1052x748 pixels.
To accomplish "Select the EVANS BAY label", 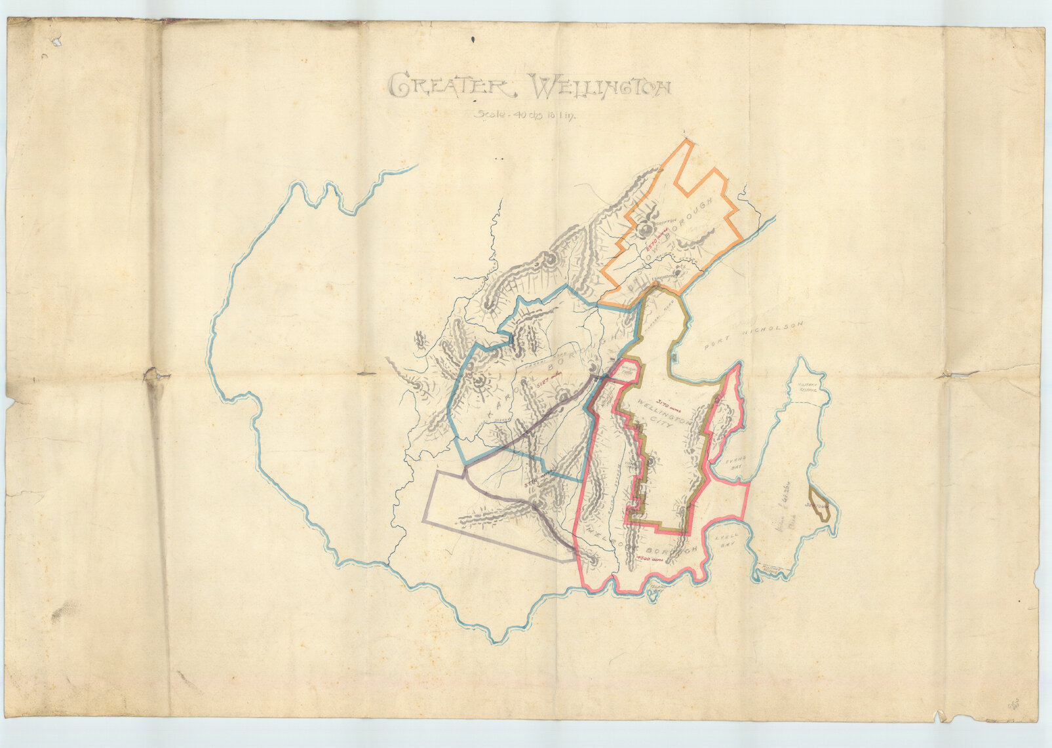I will (736, 463).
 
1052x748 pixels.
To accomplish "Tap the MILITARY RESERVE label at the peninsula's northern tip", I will (805, 388).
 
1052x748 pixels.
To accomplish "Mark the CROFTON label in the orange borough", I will (665, 224).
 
